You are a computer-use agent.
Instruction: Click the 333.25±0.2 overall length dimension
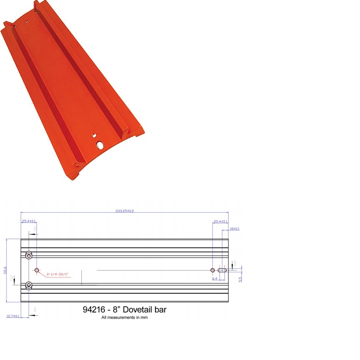point(124,211)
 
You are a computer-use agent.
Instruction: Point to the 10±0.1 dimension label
point(235,229)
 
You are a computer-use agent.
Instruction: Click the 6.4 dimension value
point(215,279)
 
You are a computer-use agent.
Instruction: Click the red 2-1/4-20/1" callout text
point(57,274)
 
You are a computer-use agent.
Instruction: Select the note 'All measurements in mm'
point(124,318)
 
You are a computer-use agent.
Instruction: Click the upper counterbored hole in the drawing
point(29,255)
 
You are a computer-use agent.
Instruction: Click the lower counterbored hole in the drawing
point(29,285)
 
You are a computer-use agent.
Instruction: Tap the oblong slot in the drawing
point(223,270)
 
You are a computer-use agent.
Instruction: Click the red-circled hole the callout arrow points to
point(37,270)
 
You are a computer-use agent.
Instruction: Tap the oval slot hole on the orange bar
point(101,145)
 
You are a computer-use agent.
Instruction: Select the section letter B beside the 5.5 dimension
point(235,264)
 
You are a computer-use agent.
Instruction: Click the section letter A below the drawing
point(35,309)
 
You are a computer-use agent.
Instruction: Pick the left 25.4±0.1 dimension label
point(29,221)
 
